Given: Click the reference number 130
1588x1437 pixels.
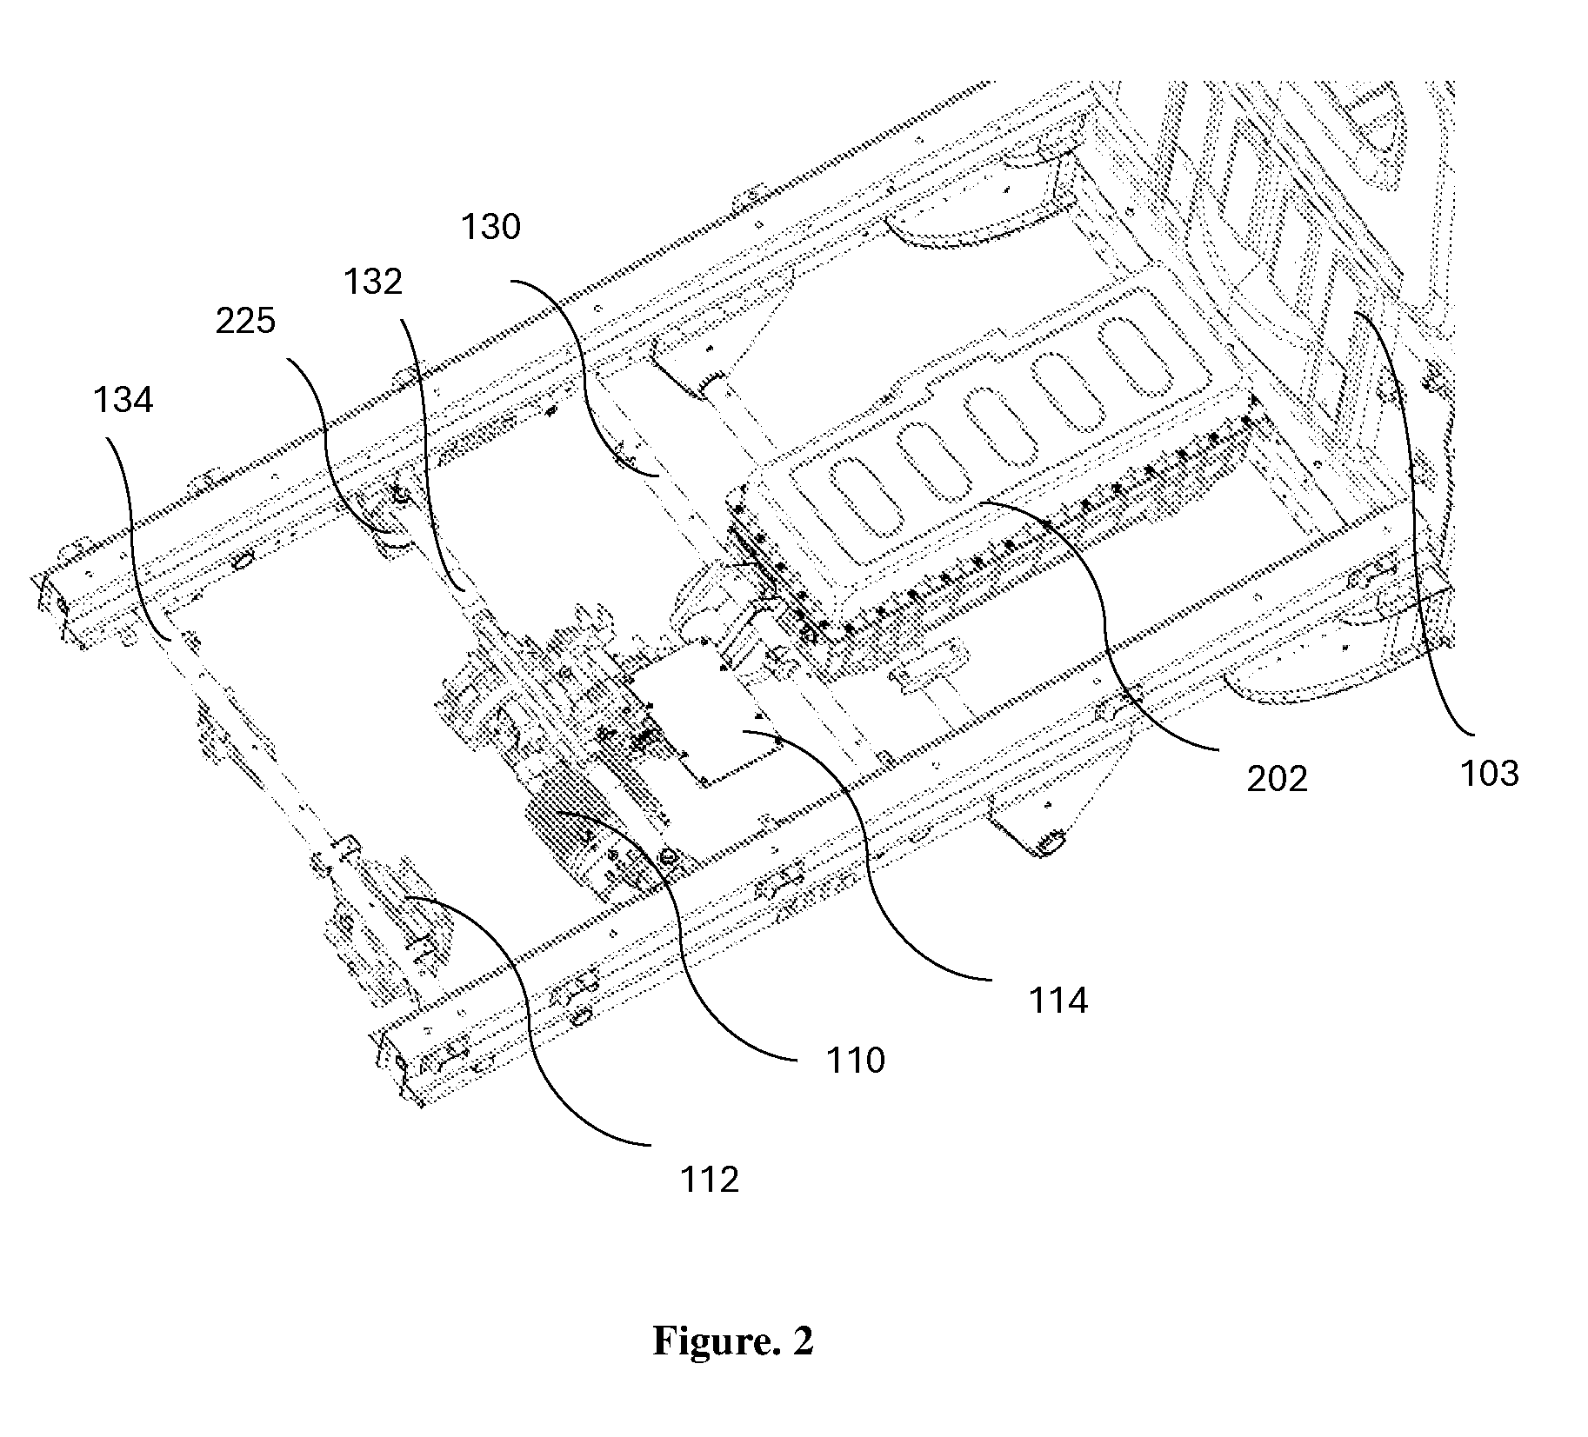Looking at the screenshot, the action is [x=490, y=227].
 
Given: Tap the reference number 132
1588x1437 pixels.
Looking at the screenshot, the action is [x=373, y=282].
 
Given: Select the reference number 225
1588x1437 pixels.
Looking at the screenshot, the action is [x=245, y=322].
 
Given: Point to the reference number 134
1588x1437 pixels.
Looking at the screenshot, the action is [x=123, y=400].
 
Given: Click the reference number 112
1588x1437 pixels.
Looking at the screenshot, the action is [x=710, y=1180].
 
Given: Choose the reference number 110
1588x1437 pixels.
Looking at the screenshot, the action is [x=856, y=1060].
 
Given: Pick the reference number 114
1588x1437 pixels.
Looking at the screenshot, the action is [x=1058, y=1001].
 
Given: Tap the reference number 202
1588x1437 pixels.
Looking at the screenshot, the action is [x=1277, y=779].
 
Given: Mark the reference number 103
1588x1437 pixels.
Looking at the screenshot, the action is [x=1490, y=773].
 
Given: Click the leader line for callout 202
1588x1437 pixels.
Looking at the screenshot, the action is [x=1104, y=609].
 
